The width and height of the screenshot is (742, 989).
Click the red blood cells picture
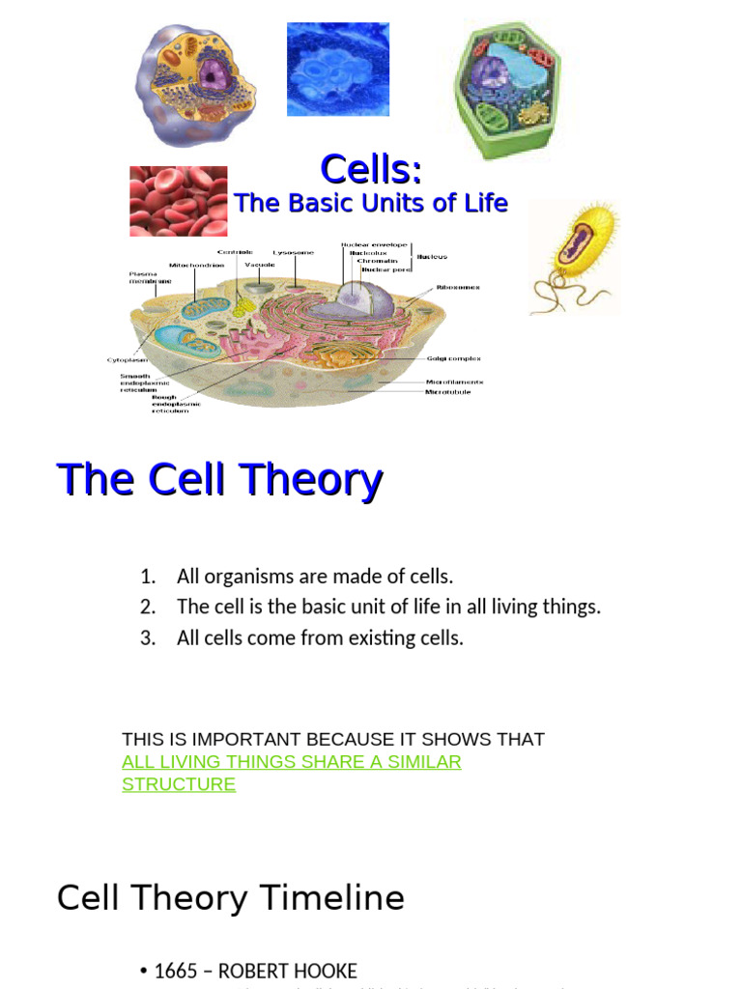pos(178,201)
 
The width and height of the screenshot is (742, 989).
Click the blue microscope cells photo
pos(338,70)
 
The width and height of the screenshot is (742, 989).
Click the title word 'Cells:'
pos(371,169)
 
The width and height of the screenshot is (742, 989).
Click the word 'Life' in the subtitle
pos(485,203)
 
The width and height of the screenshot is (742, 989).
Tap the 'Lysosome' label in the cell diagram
pos(293,252)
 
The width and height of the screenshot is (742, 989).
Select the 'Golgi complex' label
pos(453,358)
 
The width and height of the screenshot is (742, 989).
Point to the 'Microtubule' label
pos(448,392)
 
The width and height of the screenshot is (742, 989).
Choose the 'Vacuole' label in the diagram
pos(259,265)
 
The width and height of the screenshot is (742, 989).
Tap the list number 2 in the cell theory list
pos(147,607)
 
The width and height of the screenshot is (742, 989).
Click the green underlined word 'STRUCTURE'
pos(179,784)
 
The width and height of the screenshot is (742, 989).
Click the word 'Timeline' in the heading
pos(328,898)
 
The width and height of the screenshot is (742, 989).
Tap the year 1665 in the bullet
pos(176,971)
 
